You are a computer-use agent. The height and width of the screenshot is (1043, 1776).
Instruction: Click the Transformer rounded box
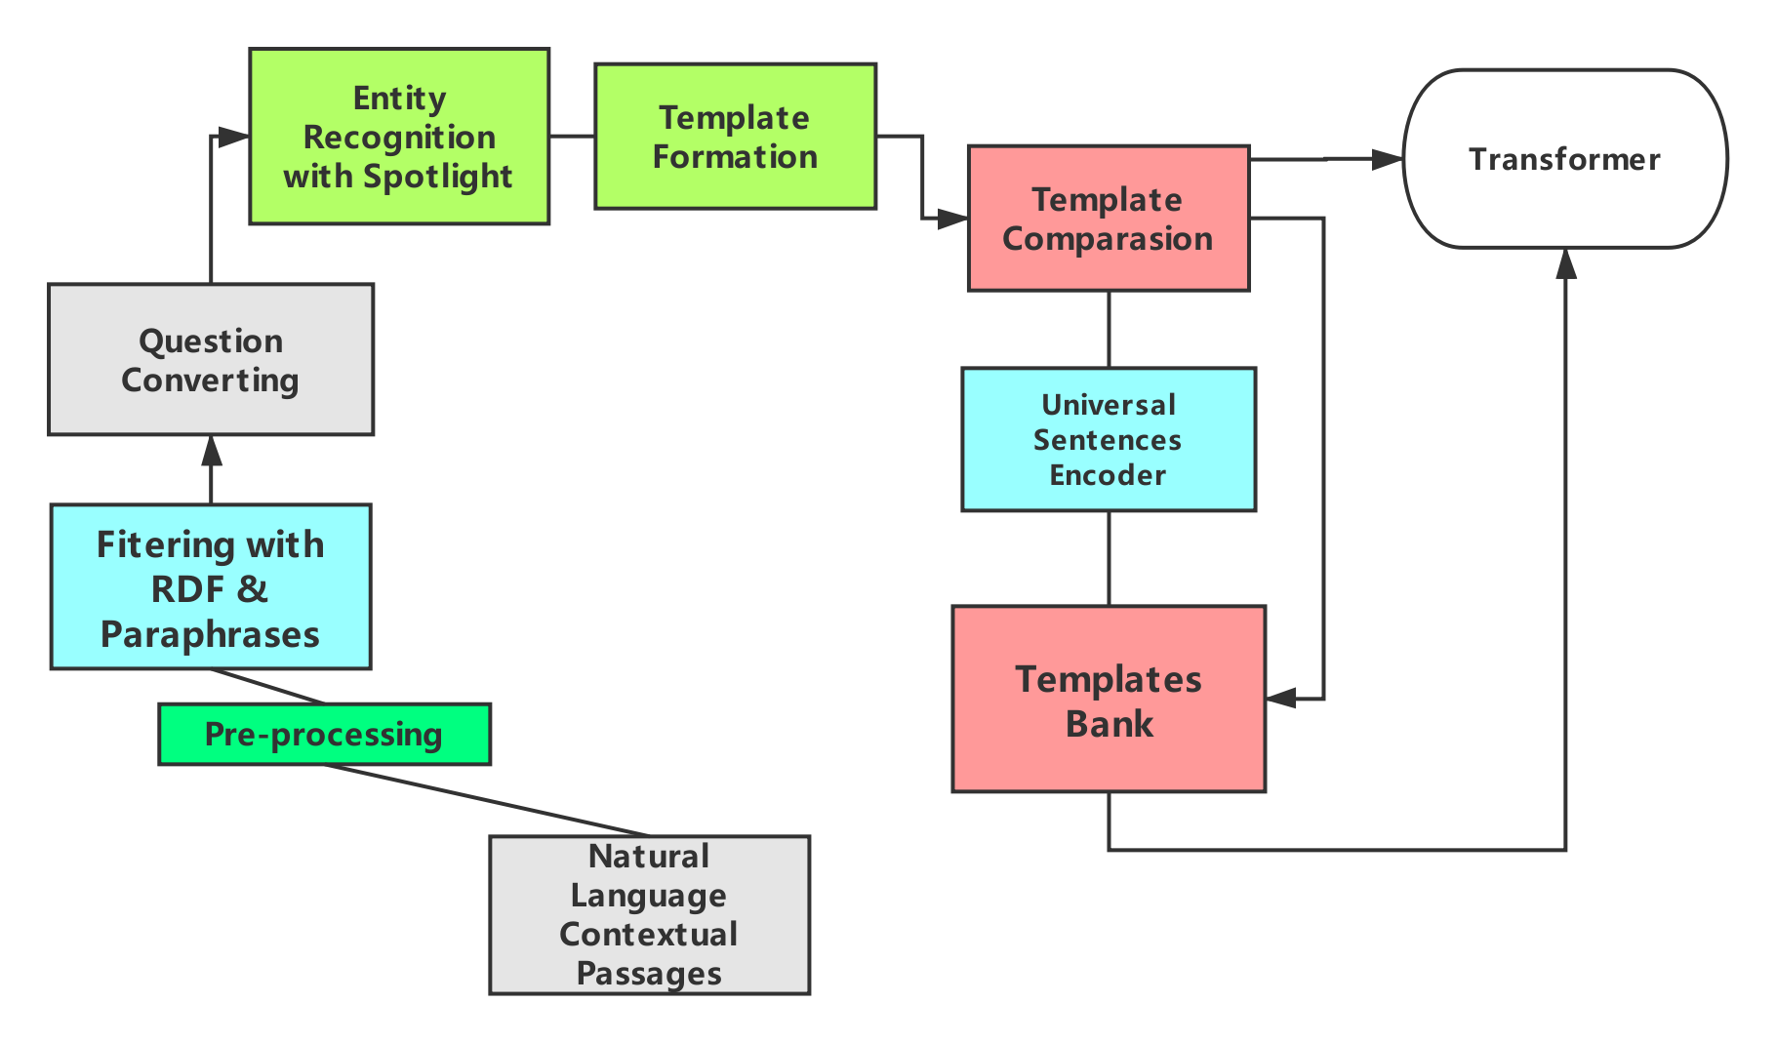pyautogui.click(x=1564, y=159)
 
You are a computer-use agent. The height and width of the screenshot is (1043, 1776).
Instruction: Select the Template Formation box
pyautogui.click(x=735, y=137)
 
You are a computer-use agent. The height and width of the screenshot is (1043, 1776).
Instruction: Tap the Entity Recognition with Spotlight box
pyautogui.click(x=399, y=137)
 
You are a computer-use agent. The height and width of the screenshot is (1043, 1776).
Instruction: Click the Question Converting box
pyautogui.click(x=211, y=360)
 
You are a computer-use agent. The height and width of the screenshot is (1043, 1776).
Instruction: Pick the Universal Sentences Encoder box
pyautogui.click(x=1108, y=439)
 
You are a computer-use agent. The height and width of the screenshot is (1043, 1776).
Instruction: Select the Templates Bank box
pyautogui.click(x=1109, y=700)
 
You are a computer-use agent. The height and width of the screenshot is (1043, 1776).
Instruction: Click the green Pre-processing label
pyautogui.click(x=324, y=734)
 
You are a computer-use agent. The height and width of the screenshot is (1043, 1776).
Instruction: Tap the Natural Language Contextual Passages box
pyautogui.click(x=649, y=914)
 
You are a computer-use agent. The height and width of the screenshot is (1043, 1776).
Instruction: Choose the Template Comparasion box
pyautogui.click(x=1108, y=219)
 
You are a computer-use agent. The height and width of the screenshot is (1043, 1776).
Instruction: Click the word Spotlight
pyautogui.click(x=437, y=177)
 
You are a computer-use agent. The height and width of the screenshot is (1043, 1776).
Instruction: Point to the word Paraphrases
pyautogui.click(x=210, y=634)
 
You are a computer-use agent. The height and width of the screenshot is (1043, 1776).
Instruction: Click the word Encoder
pyautogui.click(x=1108, y=475)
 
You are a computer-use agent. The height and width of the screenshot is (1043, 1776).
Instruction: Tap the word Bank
pyautogui.click(x=1110, y=724)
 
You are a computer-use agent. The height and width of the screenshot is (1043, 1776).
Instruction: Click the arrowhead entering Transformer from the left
pyautogui.click(x=1387, y=158)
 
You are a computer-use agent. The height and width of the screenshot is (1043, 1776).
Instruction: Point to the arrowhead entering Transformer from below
pyautogui.click(x=1566, y=264)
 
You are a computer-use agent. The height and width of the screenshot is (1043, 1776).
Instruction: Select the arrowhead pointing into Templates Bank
pyautogui.click(x=1281, y=698)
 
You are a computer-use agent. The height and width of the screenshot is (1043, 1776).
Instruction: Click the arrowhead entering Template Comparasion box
pyautogui.click(x=951, y=219)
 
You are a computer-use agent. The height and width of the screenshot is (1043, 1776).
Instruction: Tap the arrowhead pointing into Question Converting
pyautogui.click(x=211, y=451)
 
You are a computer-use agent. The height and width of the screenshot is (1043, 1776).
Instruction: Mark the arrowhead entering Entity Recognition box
pyautogui.click(x=233, y=137)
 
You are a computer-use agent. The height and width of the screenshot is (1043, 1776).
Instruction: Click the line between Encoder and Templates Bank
pyautogui.click(x=1109, y=558)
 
